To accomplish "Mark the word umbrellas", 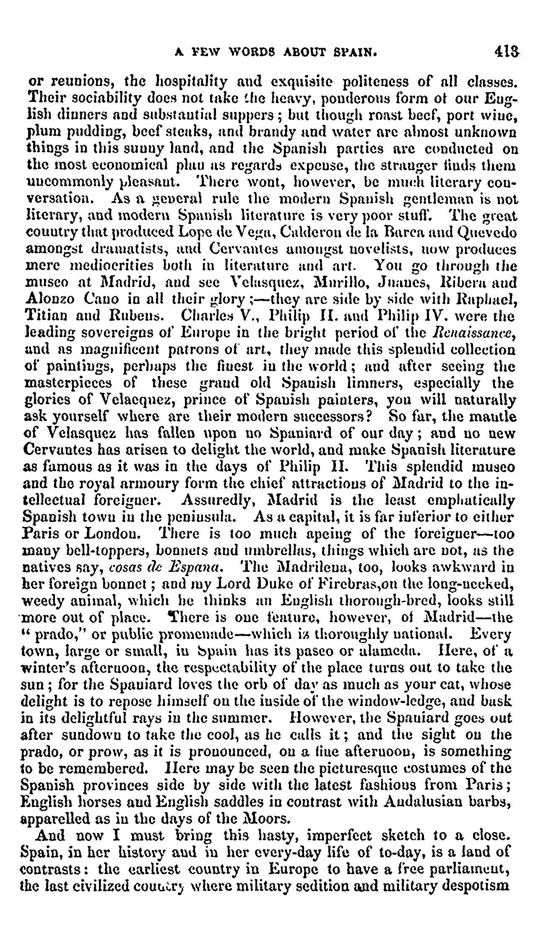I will pos(250,551).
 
